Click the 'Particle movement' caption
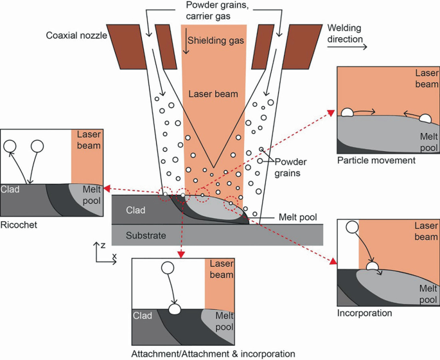pos(376,160)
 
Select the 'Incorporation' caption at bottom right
pos(364,313)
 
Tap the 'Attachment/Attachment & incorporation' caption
pos(213,353)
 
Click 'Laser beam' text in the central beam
pos(213,94)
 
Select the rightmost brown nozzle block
pos(302,46)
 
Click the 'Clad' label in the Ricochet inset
pos(11,190)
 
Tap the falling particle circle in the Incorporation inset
pos(352,227)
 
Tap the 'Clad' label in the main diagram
pos(136,210)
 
